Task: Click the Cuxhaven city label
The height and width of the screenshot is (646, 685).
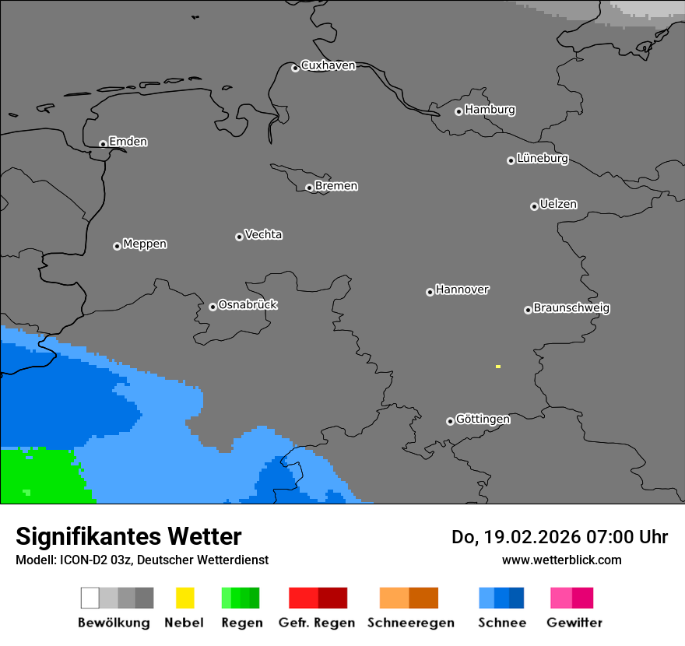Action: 328,65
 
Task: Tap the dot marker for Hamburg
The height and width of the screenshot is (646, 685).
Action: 458,111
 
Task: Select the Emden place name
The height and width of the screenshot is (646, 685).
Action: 128,142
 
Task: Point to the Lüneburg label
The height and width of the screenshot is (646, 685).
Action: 542,159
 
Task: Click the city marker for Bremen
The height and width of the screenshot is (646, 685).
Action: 309,188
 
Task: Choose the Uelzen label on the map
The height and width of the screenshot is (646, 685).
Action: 558,205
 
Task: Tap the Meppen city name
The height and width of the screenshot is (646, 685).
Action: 145,244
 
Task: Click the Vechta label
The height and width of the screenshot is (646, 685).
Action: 263,235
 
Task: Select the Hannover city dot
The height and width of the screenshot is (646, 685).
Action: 430,292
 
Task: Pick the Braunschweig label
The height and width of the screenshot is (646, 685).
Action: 571,308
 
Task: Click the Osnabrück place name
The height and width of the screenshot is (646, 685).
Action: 248,305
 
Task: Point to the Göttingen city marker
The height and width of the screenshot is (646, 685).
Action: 450,421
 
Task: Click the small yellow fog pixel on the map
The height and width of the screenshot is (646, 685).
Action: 497,366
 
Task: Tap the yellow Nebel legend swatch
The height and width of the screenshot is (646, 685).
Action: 184,598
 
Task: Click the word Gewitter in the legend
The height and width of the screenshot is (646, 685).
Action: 574,623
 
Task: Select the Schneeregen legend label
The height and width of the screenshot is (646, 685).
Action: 411,623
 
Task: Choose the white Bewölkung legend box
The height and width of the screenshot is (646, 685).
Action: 90,598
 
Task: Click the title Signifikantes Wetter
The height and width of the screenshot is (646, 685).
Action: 128,537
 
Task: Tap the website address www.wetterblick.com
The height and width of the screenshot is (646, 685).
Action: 561,560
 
